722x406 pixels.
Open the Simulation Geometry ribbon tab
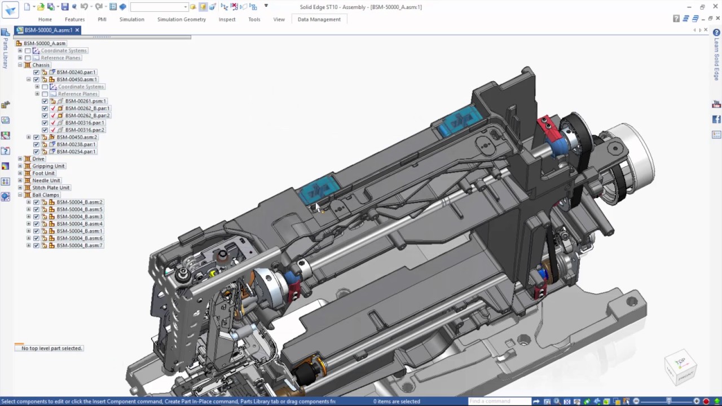(181, 19)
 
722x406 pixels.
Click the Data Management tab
(319, 19)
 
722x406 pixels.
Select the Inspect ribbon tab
(227, 19)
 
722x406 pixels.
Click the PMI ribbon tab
(102, 19)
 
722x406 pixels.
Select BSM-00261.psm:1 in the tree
(85, 101)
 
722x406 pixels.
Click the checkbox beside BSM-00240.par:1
(37, 72)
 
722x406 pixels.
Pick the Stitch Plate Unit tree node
(51, 188)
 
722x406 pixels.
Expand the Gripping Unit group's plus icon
(20, 166)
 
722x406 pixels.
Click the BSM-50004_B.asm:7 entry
(79, 246)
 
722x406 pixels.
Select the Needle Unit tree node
(46, 180)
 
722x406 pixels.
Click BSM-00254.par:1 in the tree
(76, 152)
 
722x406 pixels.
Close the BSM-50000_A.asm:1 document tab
(77, 30)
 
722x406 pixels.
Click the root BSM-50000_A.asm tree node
(44, 43)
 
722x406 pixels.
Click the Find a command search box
(499, 401)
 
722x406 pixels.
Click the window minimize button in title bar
(689, 7)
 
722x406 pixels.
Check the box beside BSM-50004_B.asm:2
(37, 202)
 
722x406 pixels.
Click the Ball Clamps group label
(45, 195)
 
